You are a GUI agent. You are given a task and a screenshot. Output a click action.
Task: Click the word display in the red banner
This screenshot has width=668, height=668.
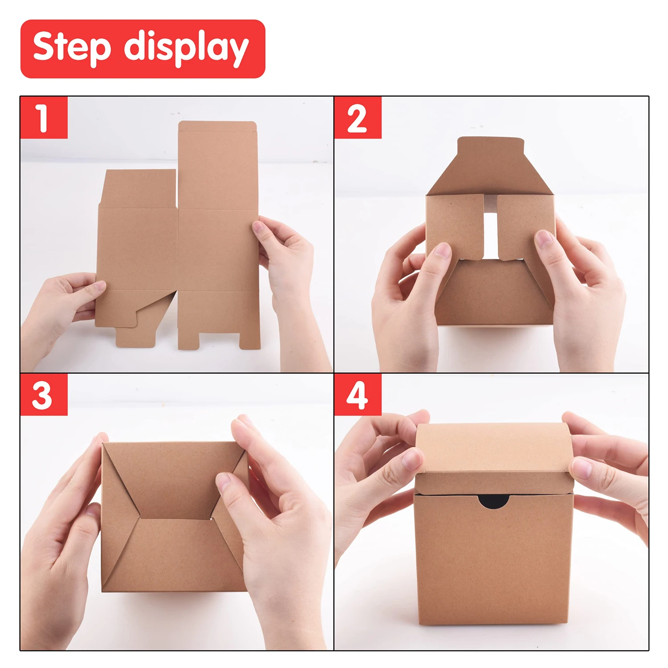coord(186,48)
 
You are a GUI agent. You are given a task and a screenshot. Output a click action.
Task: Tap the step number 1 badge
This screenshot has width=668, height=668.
coord(44,118)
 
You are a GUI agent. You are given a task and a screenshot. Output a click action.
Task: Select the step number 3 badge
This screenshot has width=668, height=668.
coord(43,395)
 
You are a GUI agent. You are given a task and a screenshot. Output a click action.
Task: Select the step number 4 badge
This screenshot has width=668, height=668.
coord(358,395)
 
